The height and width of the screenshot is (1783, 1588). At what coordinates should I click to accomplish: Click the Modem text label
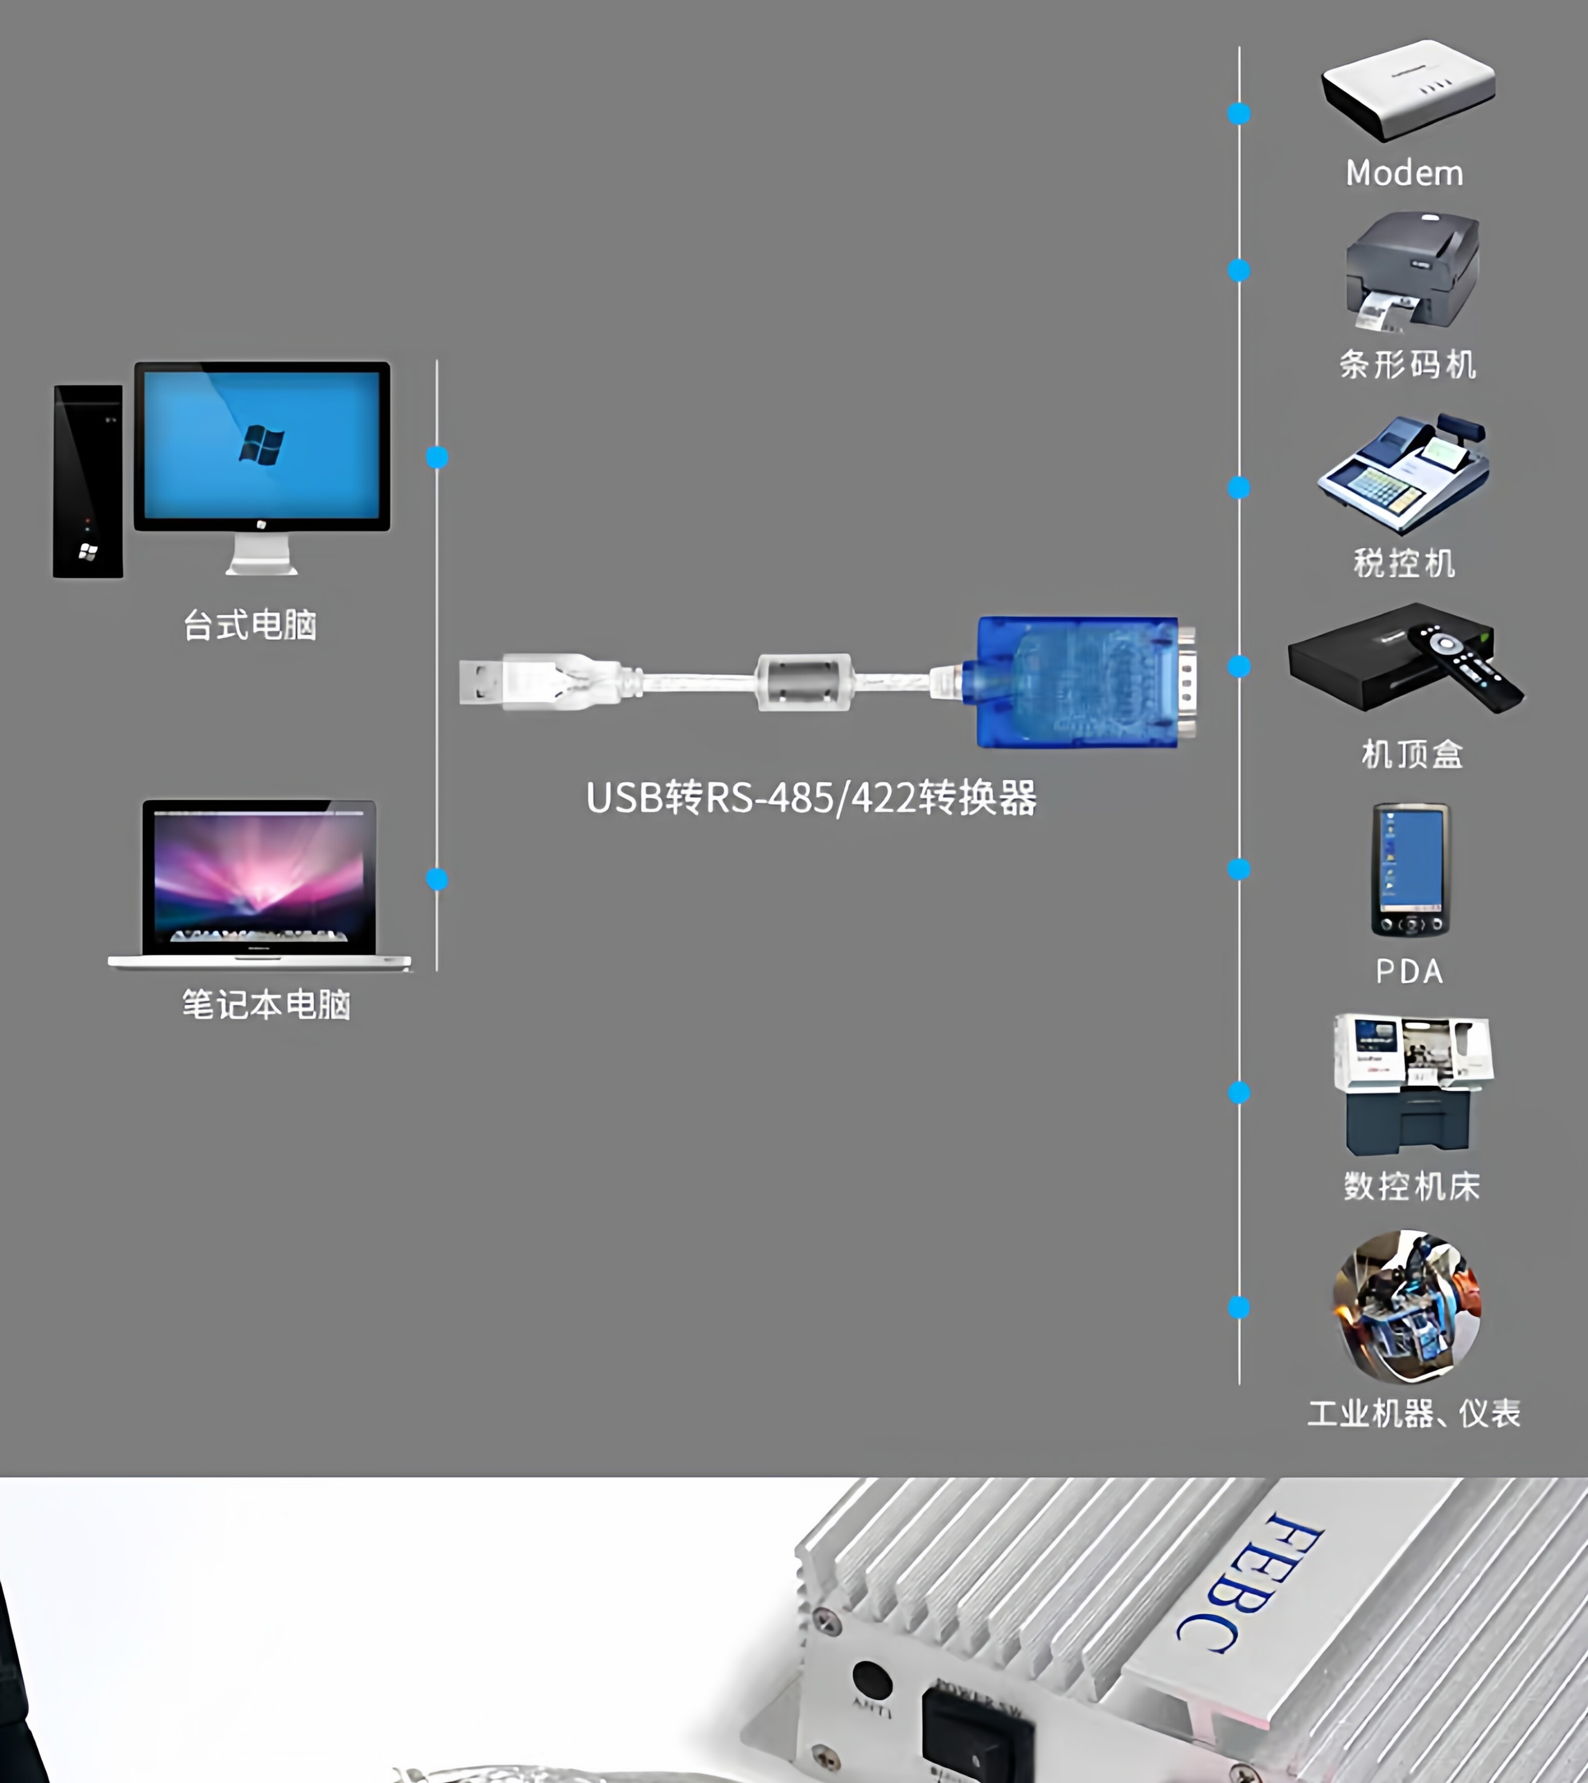tap(1404, 173)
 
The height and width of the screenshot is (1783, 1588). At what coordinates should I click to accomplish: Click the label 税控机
tap(1404, 563)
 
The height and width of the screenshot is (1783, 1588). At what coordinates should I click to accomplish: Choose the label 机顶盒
tap(1412, 754)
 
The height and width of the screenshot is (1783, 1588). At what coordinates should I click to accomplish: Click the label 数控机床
tap(1412, 1186)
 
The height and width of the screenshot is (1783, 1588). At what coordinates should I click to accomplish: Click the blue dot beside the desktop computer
tap(437, 457)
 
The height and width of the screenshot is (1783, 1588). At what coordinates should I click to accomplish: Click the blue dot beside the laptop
tap(437, 879)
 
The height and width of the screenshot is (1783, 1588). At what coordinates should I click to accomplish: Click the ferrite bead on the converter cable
tap(803, 681)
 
